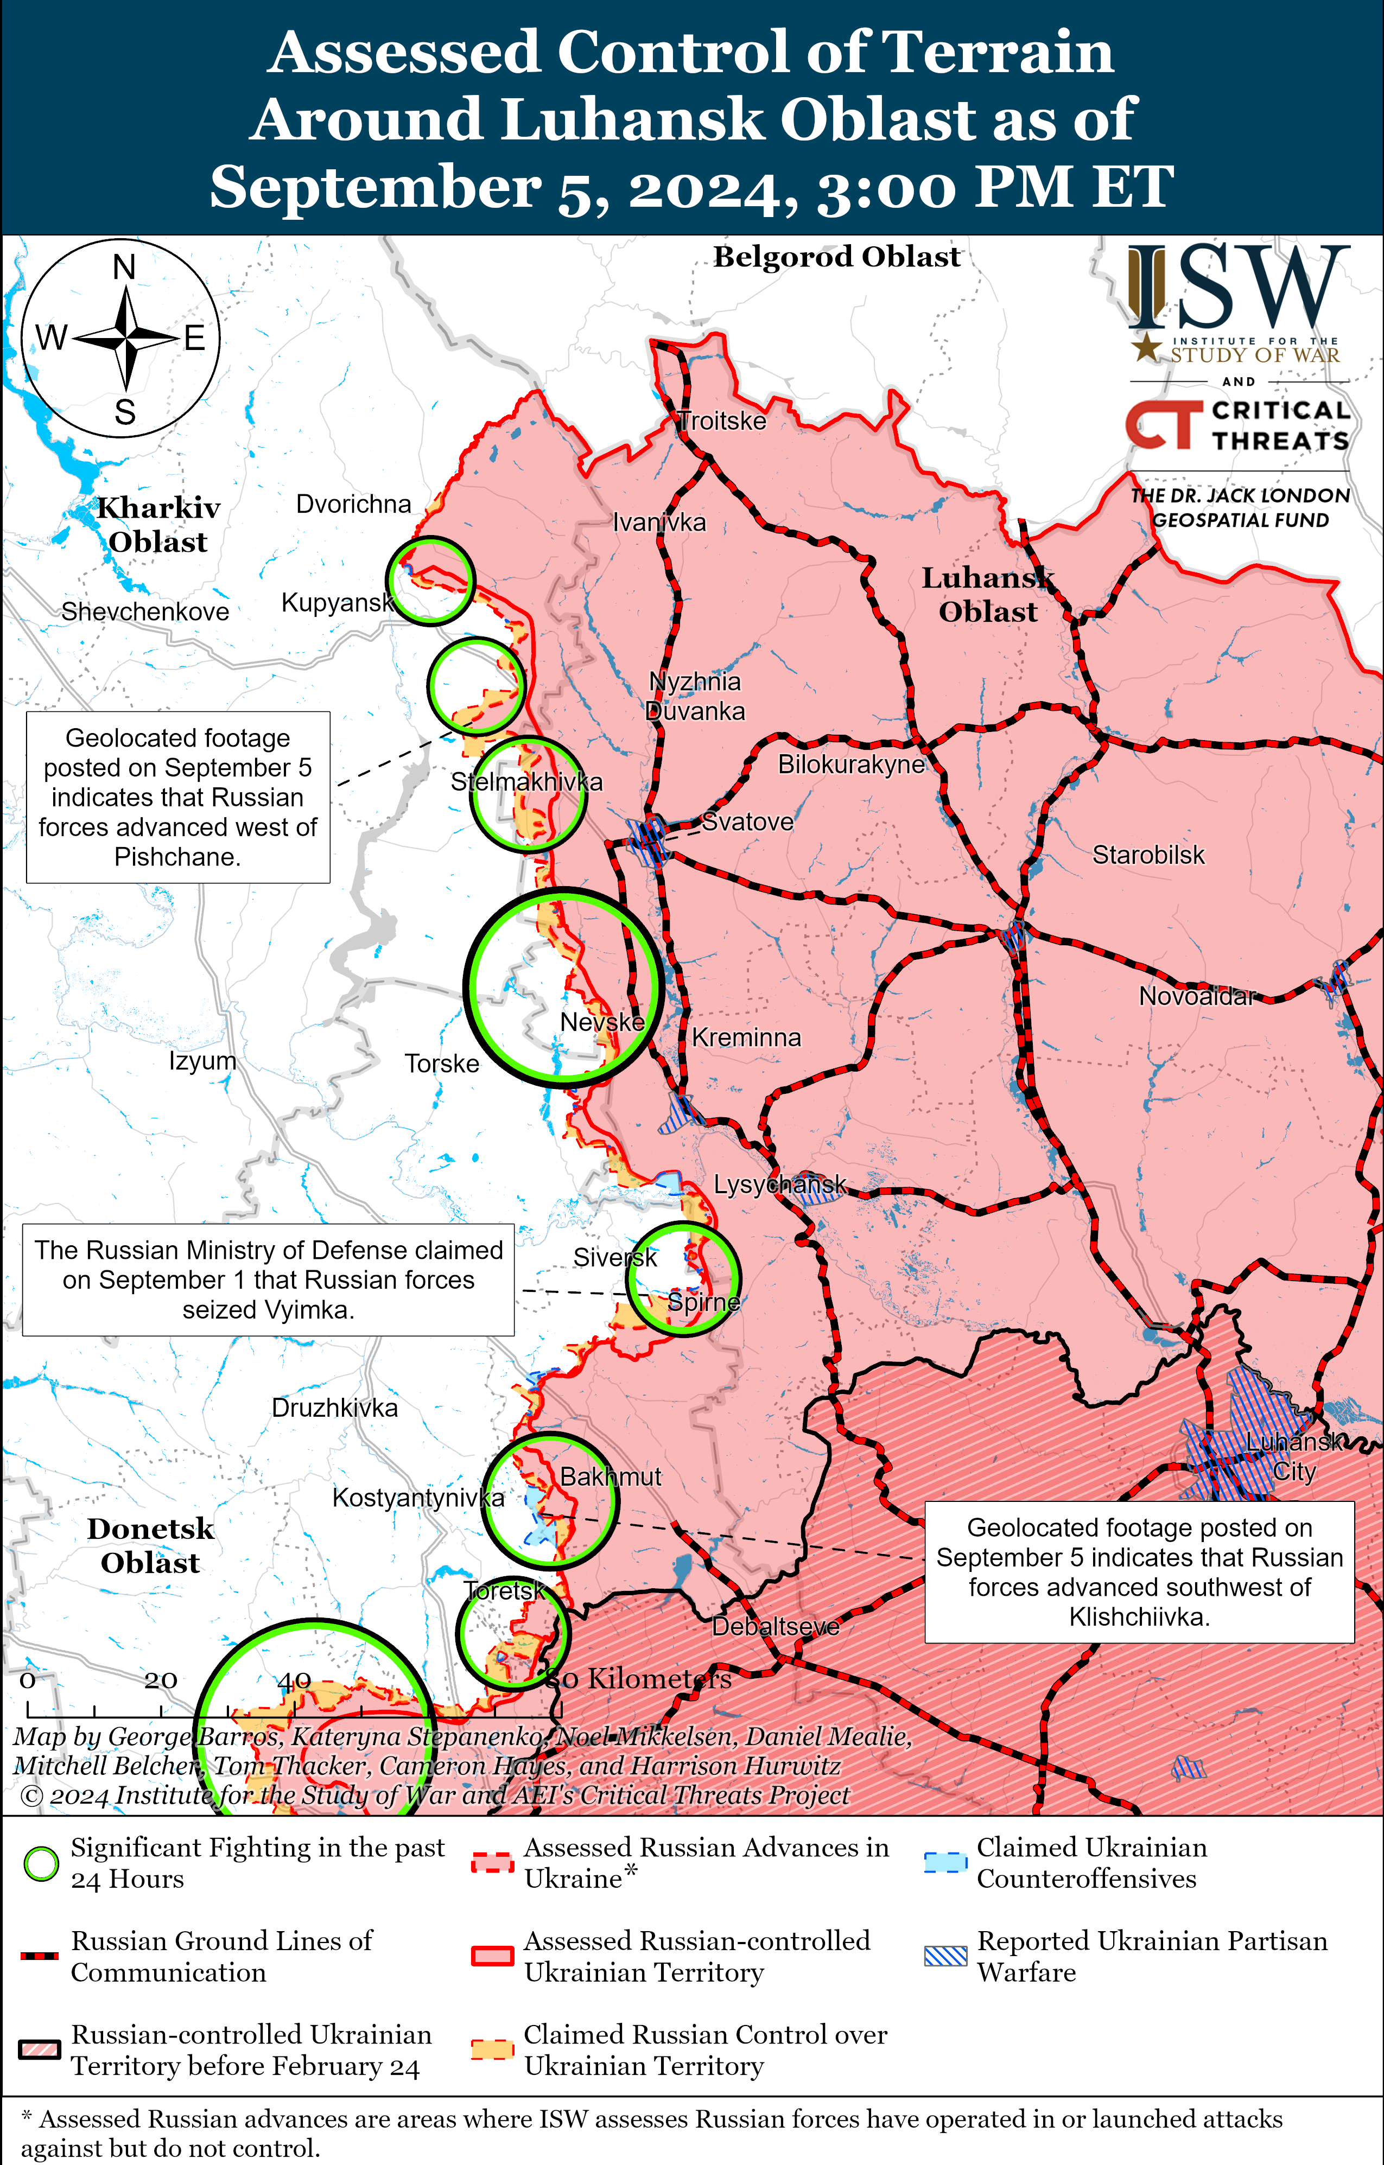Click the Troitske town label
click(x=722, y=421)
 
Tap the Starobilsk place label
click(x=1147, y=855)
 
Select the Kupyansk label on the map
click(x=337, y=602)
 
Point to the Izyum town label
click(x=202, y=1061)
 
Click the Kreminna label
click(x=746, y=1037)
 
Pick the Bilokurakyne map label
click(x=850, y=764)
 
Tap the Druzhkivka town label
click(x=334, y=1407)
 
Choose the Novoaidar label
click(x=1196, y=996)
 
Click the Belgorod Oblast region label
click(x=836, y=257)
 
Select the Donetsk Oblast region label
click(x=150, y=1545)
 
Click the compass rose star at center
click(x=127, y=338)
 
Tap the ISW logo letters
click(x=1239, y=288)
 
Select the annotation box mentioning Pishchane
click(x=178, y=797)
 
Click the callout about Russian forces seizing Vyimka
click(x=268, y=1279)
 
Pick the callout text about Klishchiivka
click(x=1139, y=1571)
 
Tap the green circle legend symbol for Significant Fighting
click(x=41, y=1864)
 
